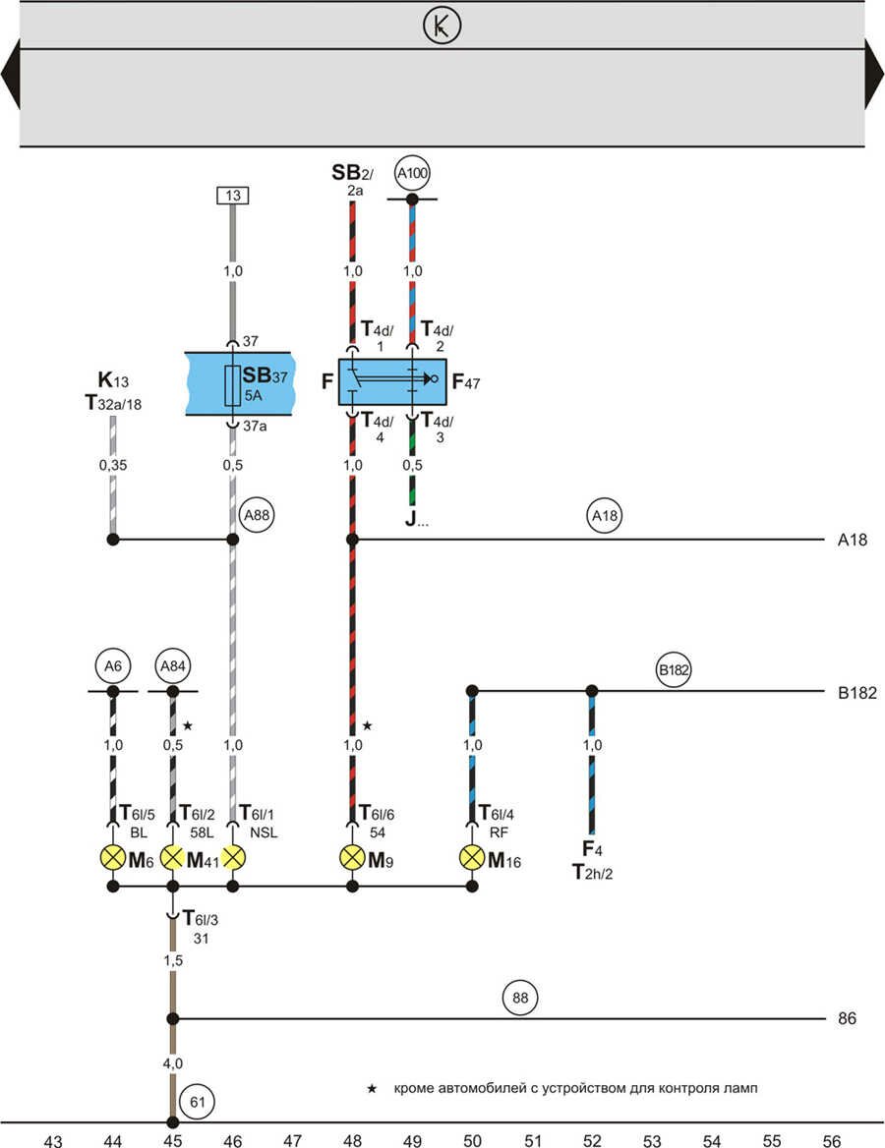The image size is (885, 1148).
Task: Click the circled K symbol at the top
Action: (x=442, y=27)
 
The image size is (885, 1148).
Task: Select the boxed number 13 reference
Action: (x=232, y=197)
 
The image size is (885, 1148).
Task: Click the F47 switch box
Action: (x=392, y=381)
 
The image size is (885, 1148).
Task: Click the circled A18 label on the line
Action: (x=605, y=514)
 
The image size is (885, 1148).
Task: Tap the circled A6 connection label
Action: (x=113, y=667)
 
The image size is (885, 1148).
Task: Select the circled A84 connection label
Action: (x=172, y=667)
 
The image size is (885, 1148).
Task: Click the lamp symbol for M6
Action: (x=113, y=857)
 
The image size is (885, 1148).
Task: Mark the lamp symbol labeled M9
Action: (x=352, y=857)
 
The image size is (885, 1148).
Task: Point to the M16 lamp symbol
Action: (x=472, y=857)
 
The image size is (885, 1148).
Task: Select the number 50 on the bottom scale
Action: (x=472, y=1140)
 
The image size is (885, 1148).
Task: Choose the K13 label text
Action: (x=113, y=380)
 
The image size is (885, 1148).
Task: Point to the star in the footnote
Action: (x=372, y=1088)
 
